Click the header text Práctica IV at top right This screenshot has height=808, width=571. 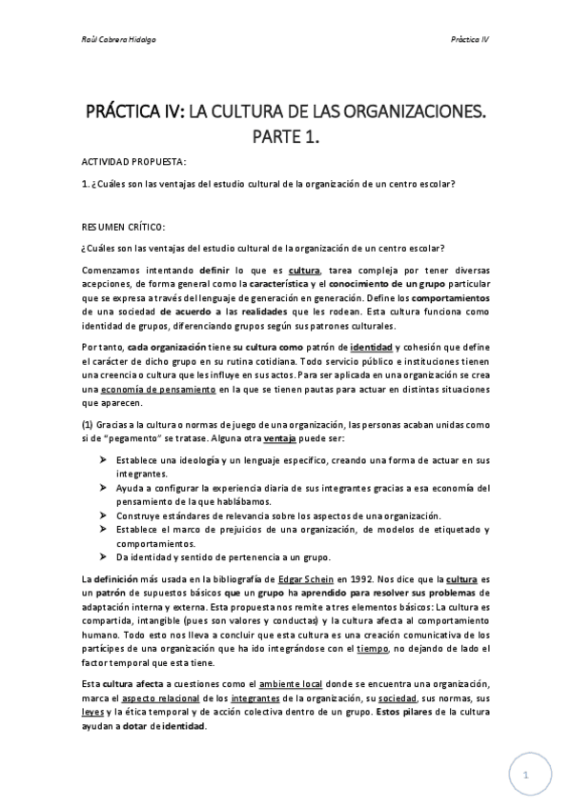point(470,40)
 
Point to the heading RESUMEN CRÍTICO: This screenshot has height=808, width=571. point(123,227)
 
